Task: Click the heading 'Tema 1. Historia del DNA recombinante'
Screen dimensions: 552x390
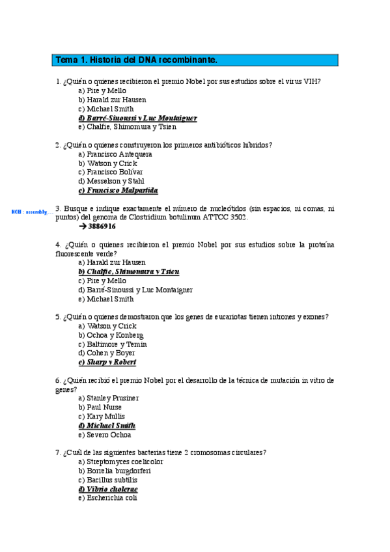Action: pyautogui.click(x=136, y=61)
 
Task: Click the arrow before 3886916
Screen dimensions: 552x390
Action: pyautogui.click(x=82, y=227)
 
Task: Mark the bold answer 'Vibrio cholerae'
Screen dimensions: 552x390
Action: pyautogui.click(x=112, y=489)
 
